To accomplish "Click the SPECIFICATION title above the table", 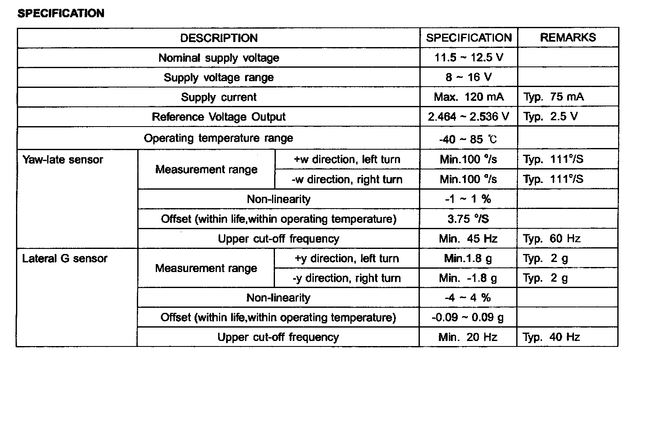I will (61, 13).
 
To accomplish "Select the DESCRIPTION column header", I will (219, 38).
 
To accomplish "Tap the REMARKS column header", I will (568, 37).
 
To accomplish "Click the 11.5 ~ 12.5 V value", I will (469, 57).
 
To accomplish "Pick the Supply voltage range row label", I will (219, 77).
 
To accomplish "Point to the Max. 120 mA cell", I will (469, 97).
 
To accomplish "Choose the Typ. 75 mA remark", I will (553, 97).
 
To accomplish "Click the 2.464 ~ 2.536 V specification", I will (469, 116).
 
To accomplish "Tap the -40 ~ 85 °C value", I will (468, 139).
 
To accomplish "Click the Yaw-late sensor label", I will (63, 160).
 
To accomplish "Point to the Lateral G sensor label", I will (65, 258).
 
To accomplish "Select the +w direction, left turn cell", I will (347, 159).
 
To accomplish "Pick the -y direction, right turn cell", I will (347, 278).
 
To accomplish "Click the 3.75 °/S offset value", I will (468, 219).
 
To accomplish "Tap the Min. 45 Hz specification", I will (468, 239).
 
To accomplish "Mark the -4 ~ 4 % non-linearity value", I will (468, 298).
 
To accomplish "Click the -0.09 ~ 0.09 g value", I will (468, 317).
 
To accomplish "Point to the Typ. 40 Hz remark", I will (551, 337).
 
